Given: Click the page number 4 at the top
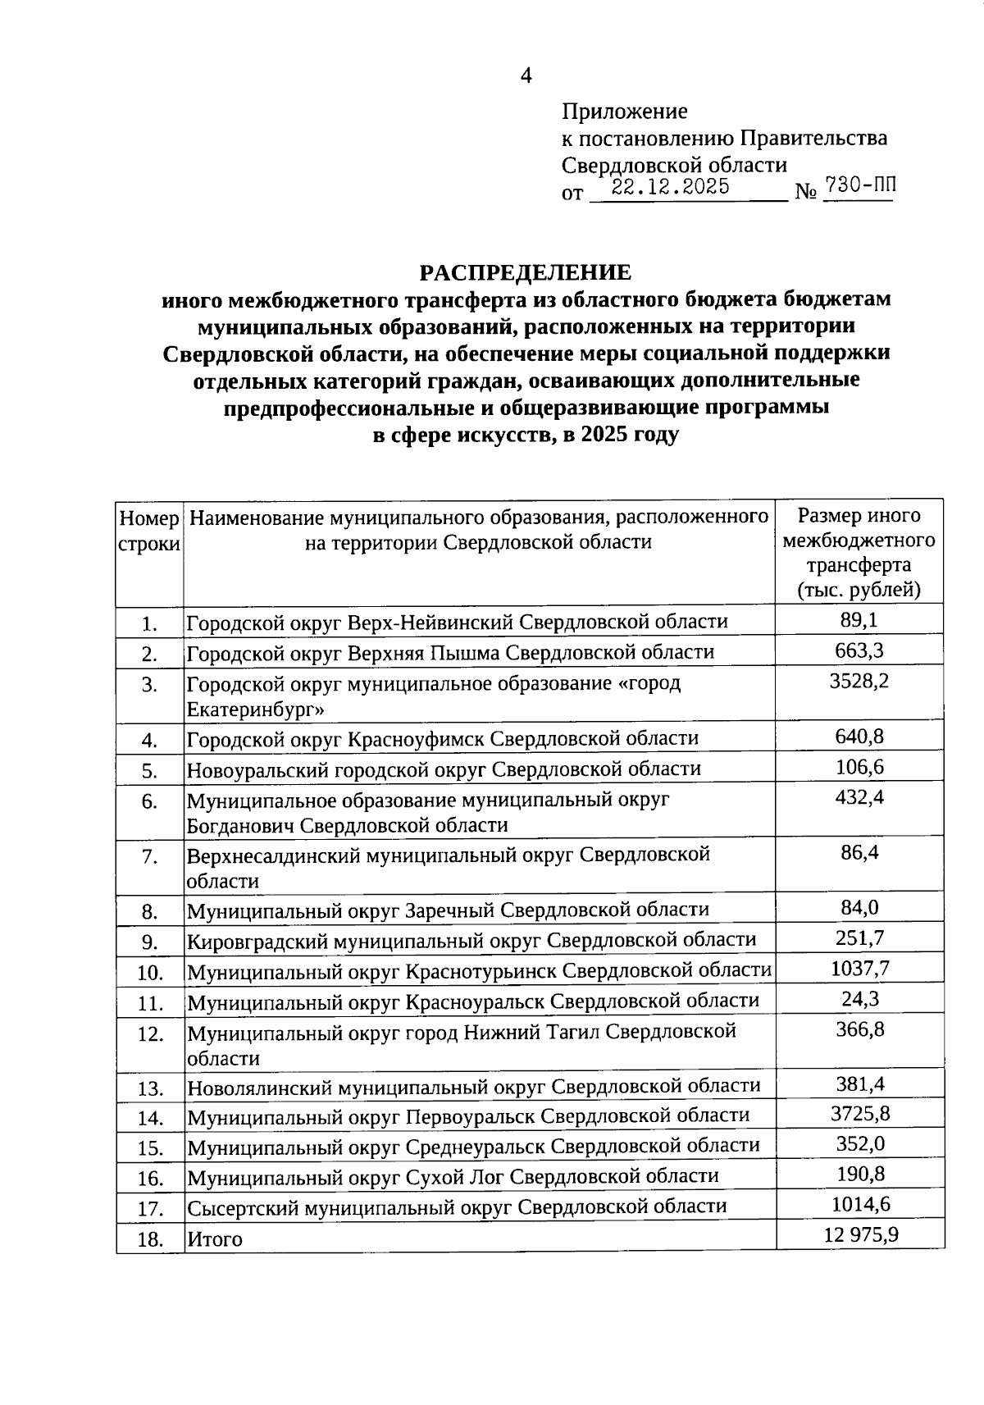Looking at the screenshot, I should pyautogui.click(x=526, y=76).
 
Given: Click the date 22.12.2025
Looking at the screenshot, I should pyautogui.click(x=672, y=187).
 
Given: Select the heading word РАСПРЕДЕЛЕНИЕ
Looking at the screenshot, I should pyautogui.click(x=526, y=272).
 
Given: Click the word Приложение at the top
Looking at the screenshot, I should pyautogui.click(x=624, y=112).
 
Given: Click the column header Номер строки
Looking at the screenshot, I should pyautogui.click(x=149, y=531).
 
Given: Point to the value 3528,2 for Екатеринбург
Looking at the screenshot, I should pyautogui.click(x=859, y=681).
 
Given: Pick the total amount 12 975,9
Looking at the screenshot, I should pyautogui.click(x=861, y=1234).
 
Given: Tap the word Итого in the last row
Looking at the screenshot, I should pyautogui.click(x=215, y=1238).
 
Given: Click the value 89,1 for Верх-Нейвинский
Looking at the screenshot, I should pyautogui.click(x=859, y=620).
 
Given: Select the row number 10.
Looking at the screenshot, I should pyautogui.click(x=150, y=973).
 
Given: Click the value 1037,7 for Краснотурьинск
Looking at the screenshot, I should pyautogui.click(x=859, y=969).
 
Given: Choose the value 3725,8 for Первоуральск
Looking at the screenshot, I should pyautogui.click(x=859, y=1113).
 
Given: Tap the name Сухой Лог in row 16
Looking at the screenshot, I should pyautogui.click(x=455, y=1177).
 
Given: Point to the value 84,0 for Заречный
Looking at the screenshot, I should pyautogui.click(x=859, y=908).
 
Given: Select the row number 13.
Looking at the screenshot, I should pyautogui.click(x=150, y=1089).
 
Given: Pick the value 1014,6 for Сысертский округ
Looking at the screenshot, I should pyautogui.click(x=859, y=1204).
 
